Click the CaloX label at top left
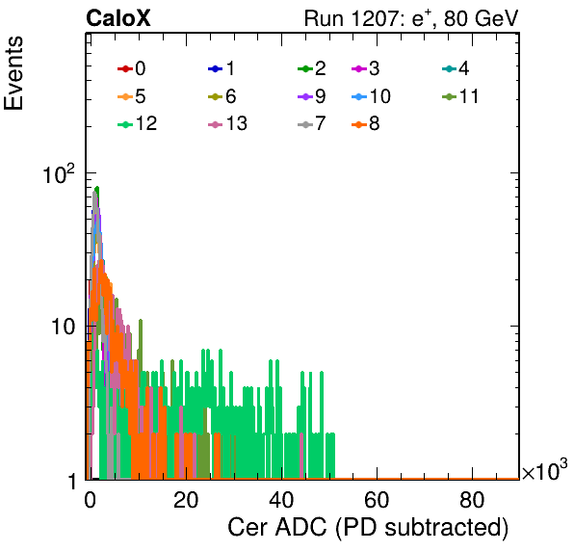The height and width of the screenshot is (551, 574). pyautogui.click(x=117, y=18)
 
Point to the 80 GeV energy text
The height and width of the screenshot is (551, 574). pyautogui.click(x=481, y=18)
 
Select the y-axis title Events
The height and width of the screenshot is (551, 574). pyautogui.click(x=13, y=73)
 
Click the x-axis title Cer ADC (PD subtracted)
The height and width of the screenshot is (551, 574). pyautogui.click(x=368, y=527)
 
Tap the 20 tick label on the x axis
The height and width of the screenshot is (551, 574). pyautogui.click(x=186, y=500)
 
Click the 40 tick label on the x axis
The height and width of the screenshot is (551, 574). pyautogui.click(x=281, y=500)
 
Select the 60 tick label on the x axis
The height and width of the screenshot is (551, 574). pyautogui.click(x=377, y=500)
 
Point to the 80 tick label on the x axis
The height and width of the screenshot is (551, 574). pyautogui.click(x=472, y=500)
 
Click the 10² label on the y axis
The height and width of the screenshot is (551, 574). pyautogui.click(x=58, y=174)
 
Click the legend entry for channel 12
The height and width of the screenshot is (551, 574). pyautogui.click(x=138, y=123)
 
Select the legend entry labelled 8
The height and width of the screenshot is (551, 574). pyautogui.click(x=365, y=123)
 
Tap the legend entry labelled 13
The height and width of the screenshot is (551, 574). pyautogui.click(x=227, y=123)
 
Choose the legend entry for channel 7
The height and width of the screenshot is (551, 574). pyautogui.click(x=312, y=123)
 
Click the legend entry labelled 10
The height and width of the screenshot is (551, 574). pyautogui.click(x=371, y=96)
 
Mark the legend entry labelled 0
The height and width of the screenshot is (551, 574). pyautogui.click(x=131, y=68)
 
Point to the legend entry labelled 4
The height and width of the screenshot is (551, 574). pyautogui.click(x=456, y=68)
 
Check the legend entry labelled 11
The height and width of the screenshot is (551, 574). pyautogui.click(x=460, y=96)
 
